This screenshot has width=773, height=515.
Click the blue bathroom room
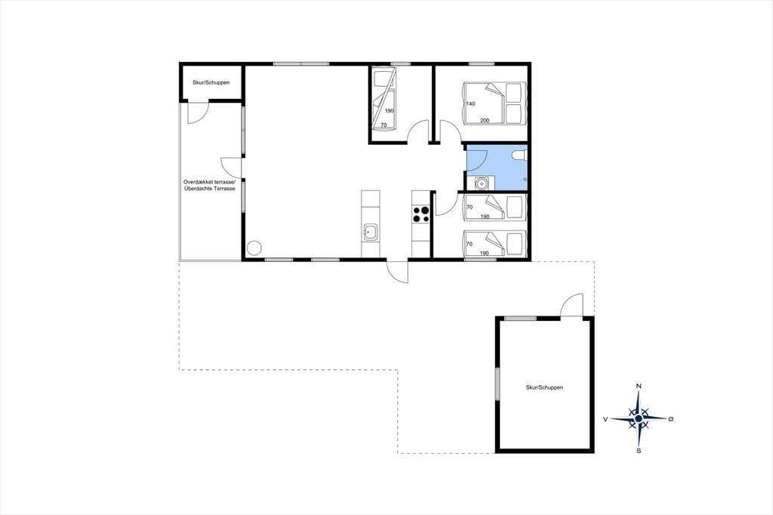click(497, 167)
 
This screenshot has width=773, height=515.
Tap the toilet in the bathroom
click(519, 156)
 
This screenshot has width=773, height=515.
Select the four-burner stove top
click(421, 214)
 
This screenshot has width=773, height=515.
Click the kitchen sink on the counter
click(371, 231)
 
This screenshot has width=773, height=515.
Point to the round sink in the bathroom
click(481, 183)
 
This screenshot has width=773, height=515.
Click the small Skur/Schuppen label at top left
click(211, 82)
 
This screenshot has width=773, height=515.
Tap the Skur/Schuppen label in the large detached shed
click(544, 387)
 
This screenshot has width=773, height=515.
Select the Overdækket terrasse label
click(210, 182)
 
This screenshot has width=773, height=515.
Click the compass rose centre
click(639, 418)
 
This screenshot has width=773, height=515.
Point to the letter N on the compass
click(639, 386)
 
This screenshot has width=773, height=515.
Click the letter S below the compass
click(639, 450)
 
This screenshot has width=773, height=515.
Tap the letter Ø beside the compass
click(670, 419)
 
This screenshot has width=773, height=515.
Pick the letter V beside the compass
click(605, 419)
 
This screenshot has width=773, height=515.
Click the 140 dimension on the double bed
click(470, 103)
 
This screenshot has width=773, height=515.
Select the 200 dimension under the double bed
click(485, 120)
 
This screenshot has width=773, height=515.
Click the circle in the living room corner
click(254, 248)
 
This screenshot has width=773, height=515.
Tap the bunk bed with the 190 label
click(383, 100)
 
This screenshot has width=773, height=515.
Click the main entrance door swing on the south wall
click(398, 271)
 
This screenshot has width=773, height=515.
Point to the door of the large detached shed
click(572, 306)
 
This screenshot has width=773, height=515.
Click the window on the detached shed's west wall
click(498, 384)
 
